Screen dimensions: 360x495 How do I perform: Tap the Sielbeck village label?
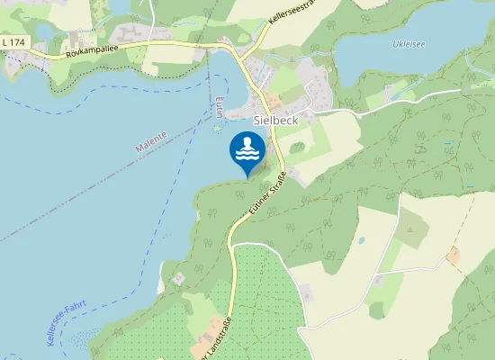pos(275,119)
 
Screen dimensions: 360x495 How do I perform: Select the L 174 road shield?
pos(13,43)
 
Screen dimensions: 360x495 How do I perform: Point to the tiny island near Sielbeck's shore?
pos(216,128)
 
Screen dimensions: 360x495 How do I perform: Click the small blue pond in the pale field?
pos(361,240)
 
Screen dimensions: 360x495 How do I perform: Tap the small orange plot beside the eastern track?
pos(453,256)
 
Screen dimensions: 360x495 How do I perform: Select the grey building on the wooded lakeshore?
pos(178,279)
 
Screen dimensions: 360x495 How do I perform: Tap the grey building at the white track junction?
pos(307,293)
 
